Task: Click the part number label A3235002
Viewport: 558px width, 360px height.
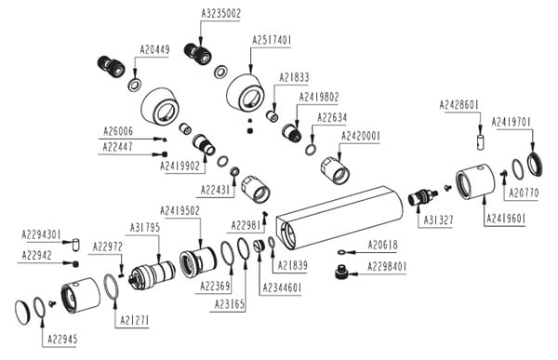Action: coord(221,14)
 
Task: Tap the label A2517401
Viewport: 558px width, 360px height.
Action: coord(272,40)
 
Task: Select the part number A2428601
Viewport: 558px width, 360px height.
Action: coord(459,105)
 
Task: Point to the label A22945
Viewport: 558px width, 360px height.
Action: coord(62,340)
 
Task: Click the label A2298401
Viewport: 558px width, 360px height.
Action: coord(387,266)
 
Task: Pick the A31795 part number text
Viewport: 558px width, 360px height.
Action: coord(145,227)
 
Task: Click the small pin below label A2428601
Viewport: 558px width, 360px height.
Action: coord(480,141)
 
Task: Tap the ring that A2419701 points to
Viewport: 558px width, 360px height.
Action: coord(535,164)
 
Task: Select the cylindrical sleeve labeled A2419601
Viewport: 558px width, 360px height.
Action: coord(475,181)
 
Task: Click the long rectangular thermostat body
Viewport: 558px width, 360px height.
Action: coord(339,218)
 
